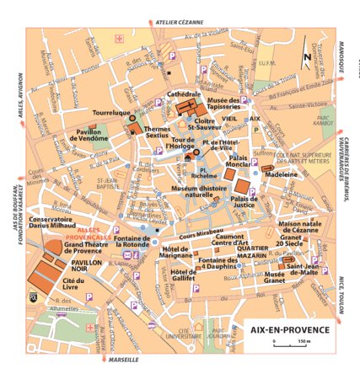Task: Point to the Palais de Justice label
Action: point(244,201)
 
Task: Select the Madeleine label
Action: point(281,175)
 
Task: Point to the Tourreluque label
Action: point(111,112)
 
